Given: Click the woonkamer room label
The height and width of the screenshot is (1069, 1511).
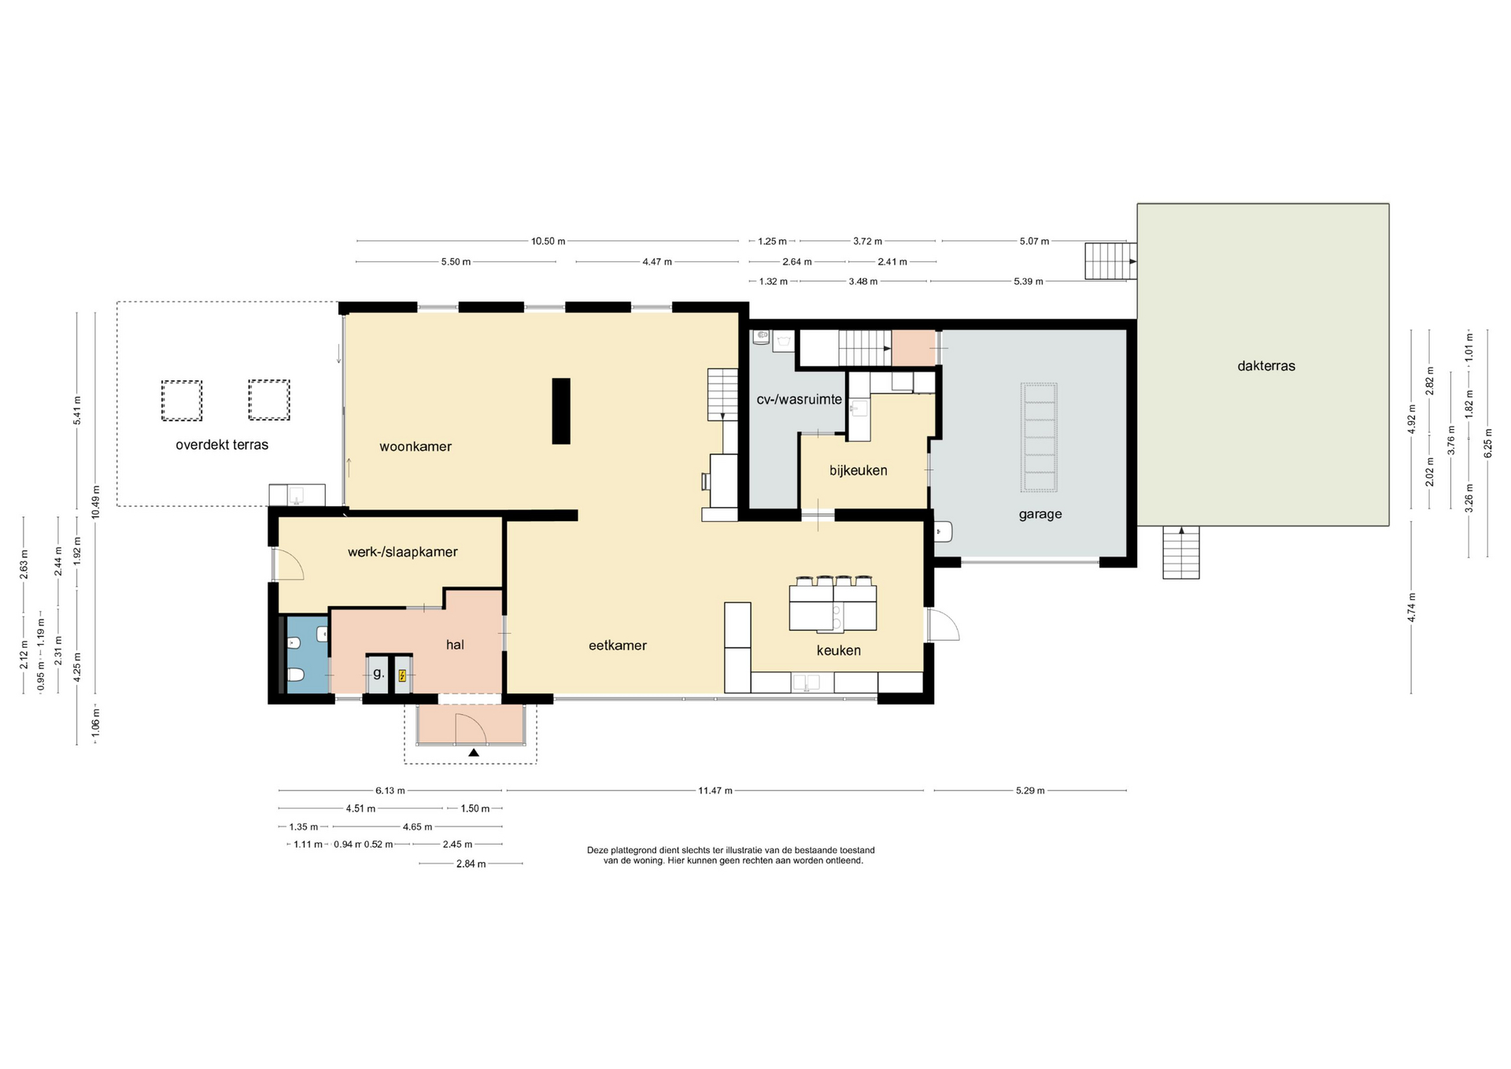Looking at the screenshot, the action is click(x=416, y=446).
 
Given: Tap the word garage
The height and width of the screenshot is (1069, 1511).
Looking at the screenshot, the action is click(x=1040, y=515).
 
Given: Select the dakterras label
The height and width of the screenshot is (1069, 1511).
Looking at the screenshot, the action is click(x=1266, y=366).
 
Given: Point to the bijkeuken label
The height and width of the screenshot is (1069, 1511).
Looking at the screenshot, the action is click(x=859, y=471).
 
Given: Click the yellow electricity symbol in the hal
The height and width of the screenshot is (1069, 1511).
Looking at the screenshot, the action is click(x=403, y=675).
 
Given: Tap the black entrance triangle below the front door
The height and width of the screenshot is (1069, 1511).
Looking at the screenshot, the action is click(x=474, y=753).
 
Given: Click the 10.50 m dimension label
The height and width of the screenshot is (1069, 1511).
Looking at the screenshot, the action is click(x=548, y=242).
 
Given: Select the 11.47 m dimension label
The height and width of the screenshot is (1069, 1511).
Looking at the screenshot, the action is click(x=715, y=790).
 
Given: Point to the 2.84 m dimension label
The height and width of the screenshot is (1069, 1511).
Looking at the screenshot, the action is click(x=471, y=864).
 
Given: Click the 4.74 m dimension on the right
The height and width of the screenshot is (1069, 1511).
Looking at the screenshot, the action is click(x=1412, y=607).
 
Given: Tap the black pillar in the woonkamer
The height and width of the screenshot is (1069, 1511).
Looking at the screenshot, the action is click(x=561, y=411).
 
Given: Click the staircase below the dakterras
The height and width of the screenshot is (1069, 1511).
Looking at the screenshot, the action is click(x=1181, y=553).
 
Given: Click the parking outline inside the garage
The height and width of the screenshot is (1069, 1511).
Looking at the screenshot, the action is click(x=1039, y=438).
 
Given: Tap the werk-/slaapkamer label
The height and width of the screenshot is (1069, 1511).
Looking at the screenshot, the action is click(x=403, y=553).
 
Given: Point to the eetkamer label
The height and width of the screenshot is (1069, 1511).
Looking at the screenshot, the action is click(x=618, y=645).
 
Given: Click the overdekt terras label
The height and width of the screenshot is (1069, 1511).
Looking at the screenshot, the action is click(x=222, y=445).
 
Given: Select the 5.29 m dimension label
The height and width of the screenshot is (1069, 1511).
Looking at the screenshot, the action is click(x=1030, y=790).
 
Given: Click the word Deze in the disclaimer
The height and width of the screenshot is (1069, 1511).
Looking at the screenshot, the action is click(x=598, y=850).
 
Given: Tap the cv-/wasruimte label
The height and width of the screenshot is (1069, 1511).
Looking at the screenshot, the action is click(x=800, y=399).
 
